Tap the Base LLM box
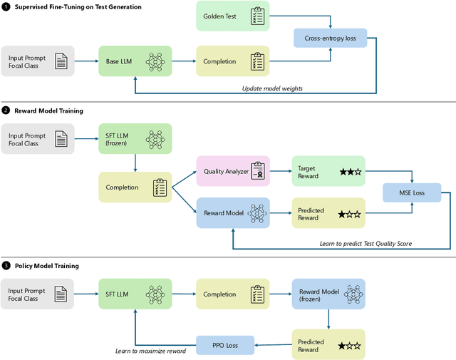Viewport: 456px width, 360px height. coord(135,62)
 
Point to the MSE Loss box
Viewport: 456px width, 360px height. coord(411,192)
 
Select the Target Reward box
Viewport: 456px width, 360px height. coord(328,171)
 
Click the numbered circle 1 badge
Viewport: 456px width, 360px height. coord(6,7)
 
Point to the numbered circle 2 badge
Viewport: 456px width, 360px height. coord(6,110)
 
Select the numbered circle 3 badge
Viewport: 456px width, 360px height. coord(6,266)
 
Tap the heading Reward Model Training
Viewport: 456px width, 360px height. coord(49,110)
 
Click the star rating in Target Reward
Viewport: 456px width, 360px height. coord(349,172)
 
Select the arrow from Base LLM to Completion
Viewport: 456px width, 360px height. coord(183,62)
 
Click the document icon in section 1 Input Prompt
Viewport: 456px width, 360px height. coord(61,62)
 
